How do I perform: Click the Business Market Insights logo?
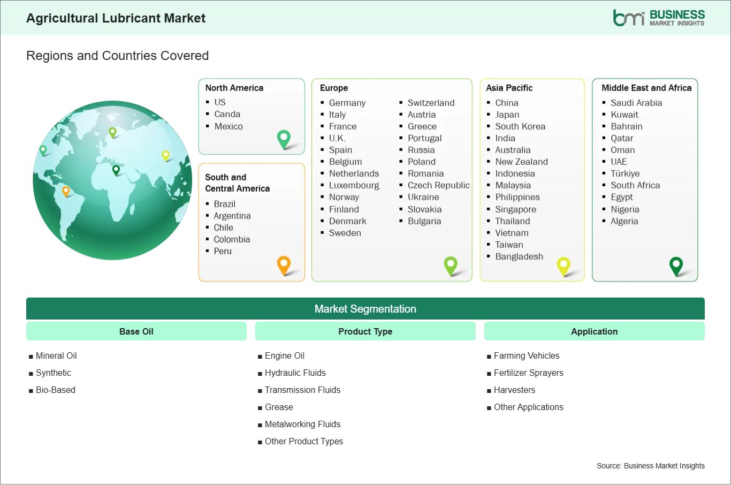coord(659,18)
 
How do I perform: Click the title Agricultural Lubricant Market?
coord(116,18)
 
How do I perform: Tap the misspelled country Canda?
coord(227,114)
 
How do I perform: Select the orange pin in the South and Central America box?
coord(284,266)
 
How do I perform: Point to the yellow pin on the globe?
coord(166,156)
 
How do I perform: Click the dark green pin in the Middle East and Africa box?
coord(676,267)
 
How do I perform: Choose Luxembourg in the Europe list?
coord(354,185)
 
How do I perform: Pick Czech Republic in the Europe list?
coord(439,185)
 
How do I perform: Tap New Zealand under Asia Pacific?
coord(521,162)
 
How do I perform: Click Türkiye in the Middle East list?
coord(625,173)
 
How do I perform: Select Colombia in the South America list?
coord(232,239)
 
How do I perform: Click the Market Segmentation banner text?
coord(365,309)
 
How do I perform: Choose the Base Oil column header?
coord(136,331)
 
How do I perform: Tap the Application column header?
coord(594,331)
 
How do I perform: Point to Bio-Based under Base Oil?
coord(56,390)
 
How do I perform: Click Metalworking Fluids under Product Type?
coord(302,424)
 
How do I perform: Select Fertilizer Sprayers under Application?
coord(528,373)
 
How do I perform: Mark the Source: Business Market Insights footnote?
coord(650,466)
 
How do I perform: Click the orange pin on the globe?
coord(66,191)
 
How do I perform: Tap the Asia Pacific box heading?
coord(509,88)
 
